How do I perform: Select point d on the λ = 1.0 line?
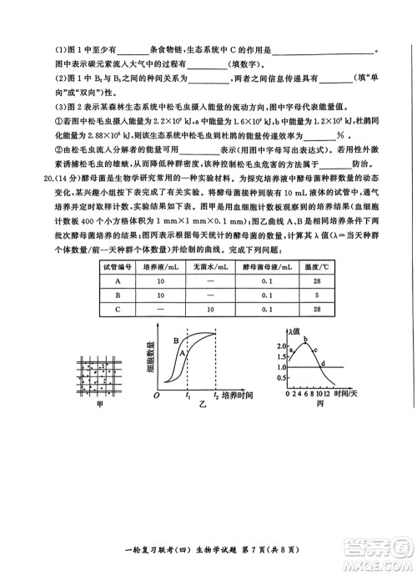click(x=322, y=363)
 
